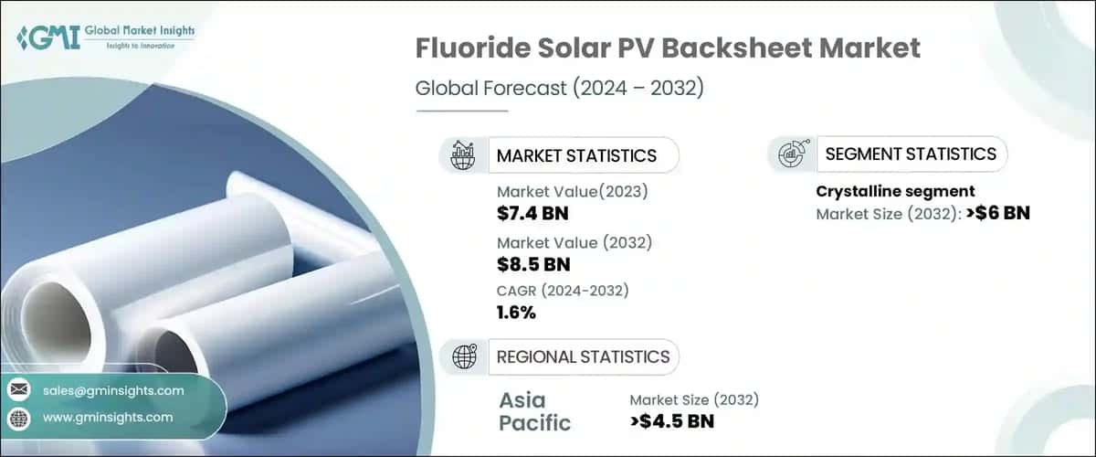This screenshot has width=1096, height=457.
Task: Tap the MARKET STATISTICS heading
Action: point(575,155)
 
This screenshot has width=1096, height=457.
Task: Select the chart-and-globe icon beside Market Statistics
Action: point(463,155)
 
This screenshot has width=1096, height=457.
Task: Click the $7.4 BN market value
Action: point(533,214)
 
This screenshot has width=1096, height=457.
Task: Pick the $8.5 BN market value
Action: point(533,265)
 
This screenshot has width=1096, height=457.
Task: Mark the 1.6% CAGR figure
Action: point(517,313)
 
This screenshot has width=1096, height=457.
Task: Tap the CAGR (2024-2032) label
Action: point(563,291)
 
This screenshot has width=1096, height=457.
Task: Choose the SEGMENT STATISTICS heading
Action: point(910,154)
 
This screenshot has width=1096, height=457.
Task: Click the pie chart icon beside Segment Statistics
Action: point(790,154)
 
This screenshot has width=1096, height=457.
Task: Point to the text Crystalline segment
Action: point(895,191)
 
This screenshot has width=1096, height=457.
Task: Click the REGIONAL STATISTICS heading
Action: point(583,356)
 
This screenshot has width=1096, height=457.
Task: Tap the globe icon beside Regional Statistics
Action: point(463,356)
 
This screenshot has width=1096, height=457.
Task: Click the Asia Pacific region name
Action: point(535,411)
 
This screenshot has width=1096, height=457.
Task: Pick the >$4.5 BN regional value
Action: point(672,421)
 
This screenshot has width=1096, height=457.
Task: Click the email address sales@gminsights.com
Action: point(113,390)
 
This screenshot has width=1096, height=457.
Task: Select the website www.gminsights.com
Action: point(108,417)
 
